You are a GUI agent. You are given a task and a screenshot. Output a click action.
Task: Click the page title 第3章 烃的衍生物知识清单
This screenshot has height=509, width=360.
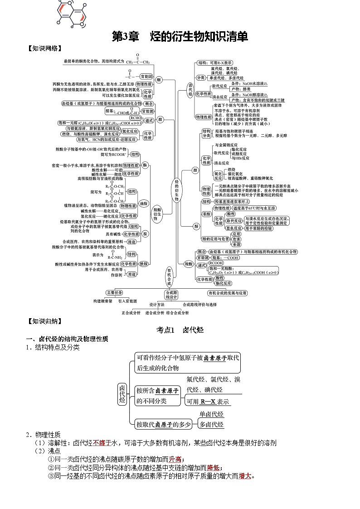tap(180, 37)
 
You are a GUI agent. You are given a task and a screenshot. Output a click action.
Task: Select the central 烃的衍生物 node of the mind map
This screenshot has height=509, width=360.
tap(177, 190)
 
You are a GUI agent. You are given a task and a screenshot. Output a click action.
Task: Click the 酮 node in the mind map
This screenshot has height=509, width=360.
tap(159, 80)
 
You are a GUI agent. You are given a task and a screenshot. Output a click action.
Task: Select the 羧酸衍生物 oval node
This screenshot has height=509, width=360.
tap(157, 214)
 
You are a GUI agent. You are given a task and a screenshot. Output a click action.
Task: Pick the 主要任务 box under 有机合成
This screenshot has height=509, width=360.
tap(114, 293)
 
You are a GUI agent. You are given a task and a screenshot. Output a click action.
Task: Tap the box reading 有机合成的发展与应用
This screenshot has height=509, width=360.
tap(227, 293)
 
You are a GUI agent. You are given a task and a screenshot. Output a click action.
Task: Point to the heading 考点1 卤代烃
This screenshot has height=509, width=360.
tap(180, 330)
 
